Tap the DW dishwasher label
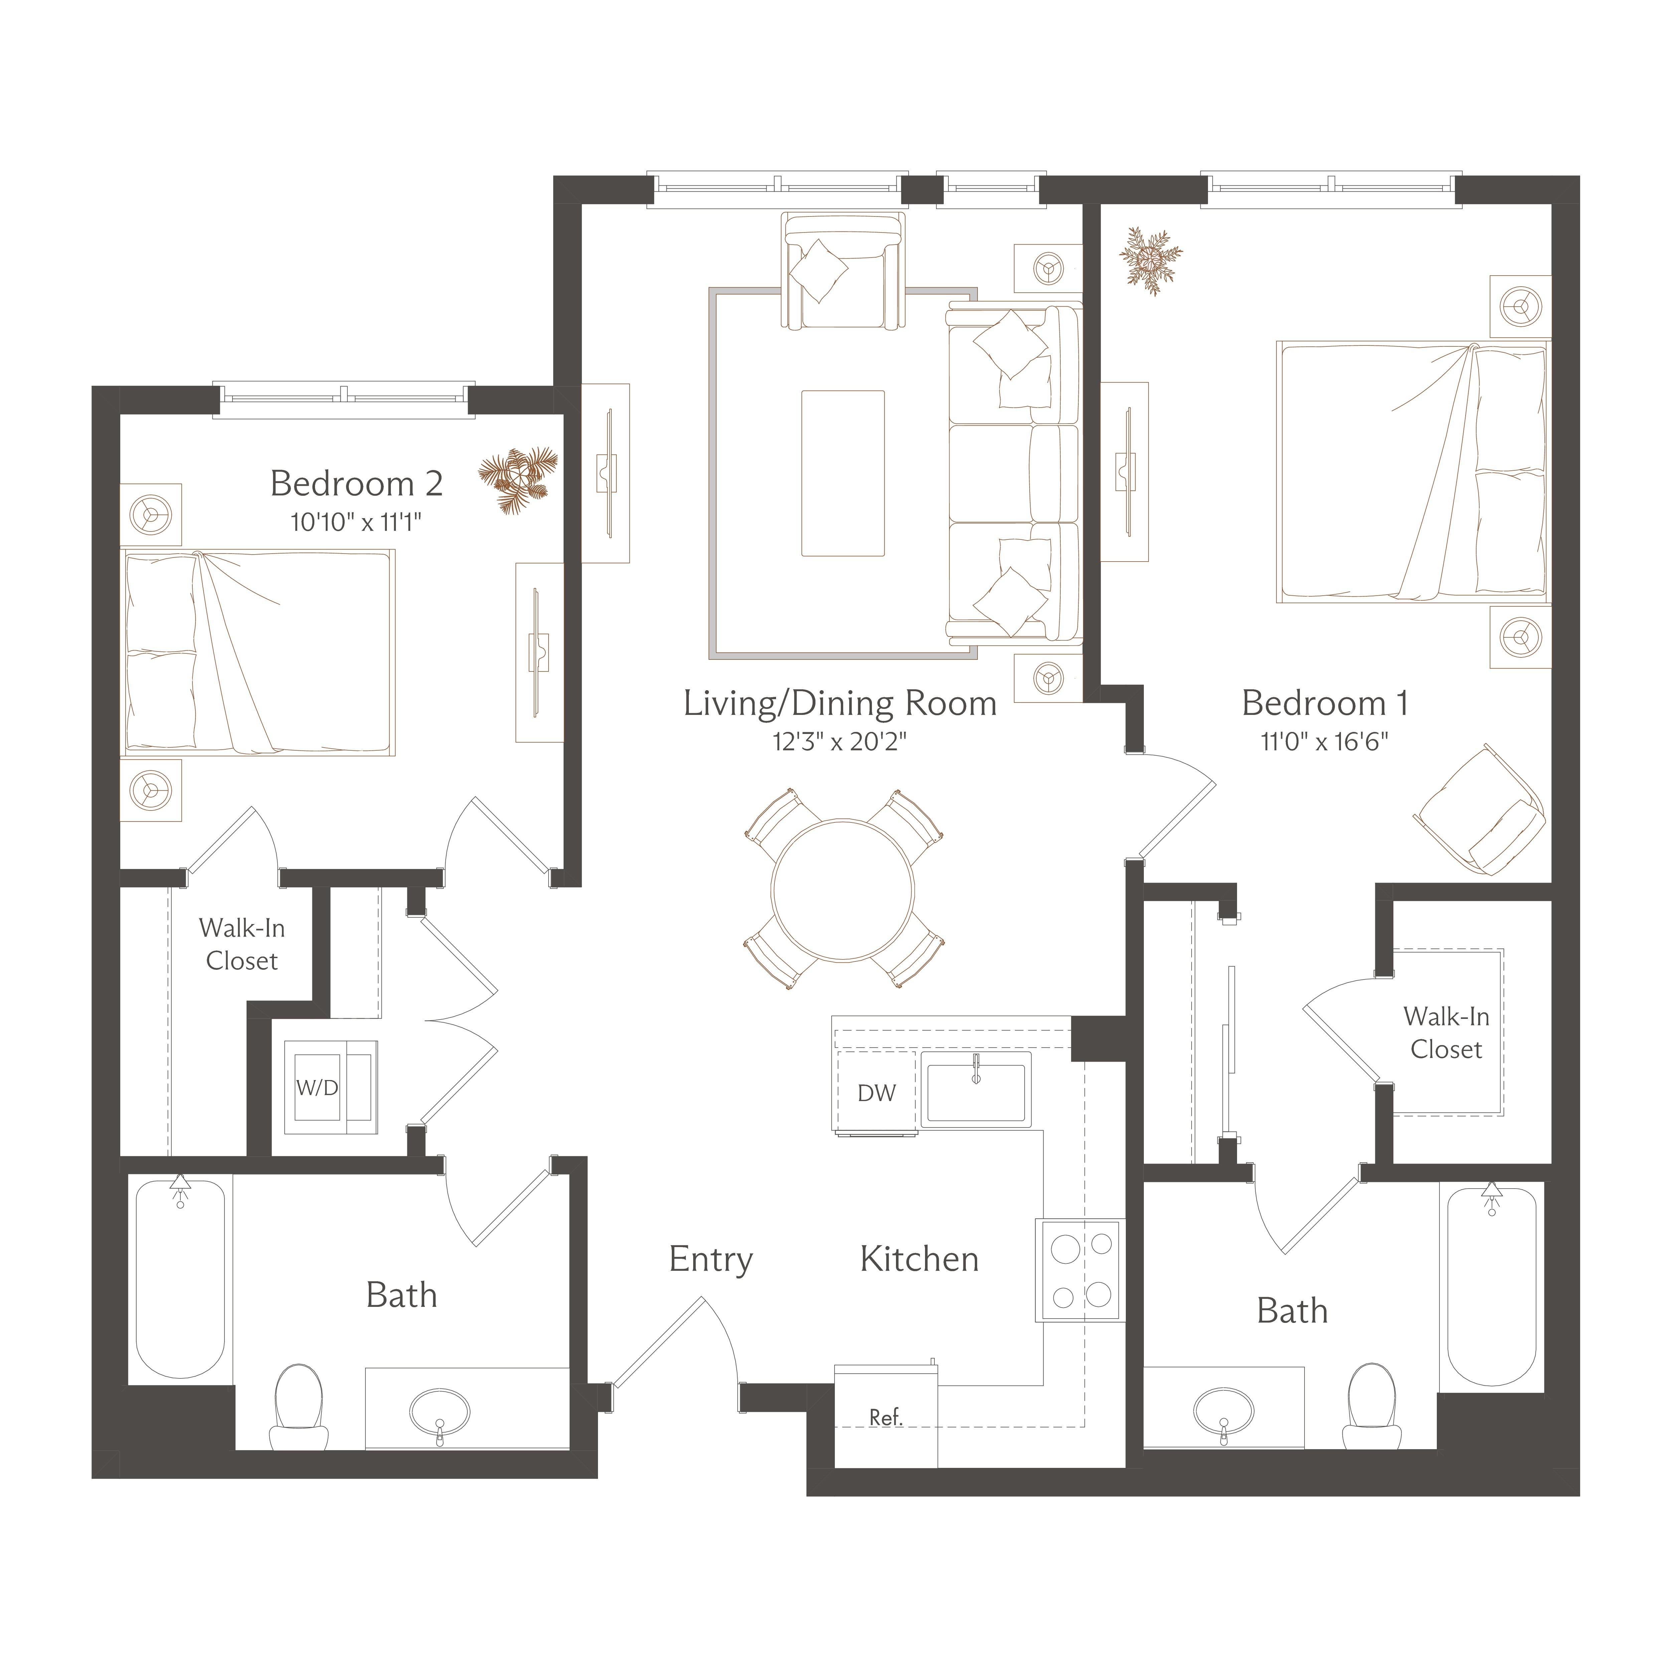point(876,1093)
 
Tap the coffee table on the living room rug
point(843,473)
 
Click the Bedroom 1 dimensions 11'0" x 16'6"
point(1324,742)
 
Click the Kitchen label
point(919,1259)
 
